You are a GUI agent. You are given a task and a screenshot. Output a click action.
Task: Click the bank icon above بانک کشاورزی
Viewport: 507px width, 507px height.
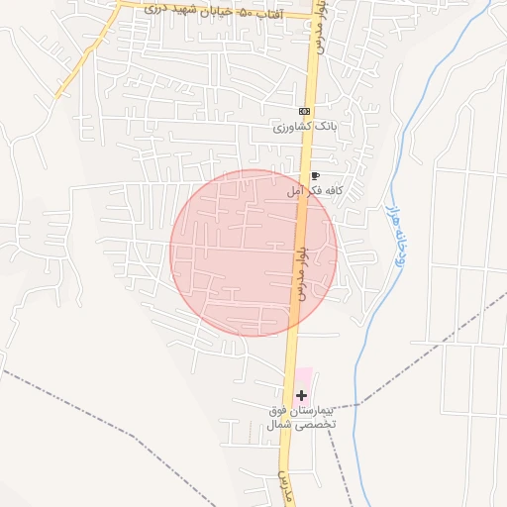304,111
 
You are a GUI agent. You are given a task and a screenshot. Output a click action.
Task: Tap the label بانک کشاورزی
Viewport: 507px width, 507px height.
307,128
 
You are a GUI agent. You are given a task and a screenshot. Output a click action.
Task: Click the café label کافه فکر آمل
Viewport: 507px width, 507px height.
314,190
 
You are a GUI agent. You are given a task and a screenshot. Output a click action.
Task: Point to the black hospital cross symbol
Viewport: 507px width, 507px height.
301,395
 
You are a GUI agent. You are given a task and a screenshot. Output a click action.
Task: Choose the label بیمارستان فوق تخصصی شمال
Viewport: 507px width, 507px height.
301,416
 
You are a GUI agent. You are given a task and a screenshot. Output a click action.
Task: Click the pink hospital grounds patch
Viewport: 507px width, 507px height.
303,379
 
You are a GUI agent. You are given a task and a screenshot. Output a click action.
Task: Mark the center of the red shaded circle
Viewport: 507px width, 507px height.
253,253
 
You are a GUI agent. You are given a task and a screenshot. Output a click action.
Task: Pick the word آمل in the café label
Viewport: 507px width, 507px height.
295,190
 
